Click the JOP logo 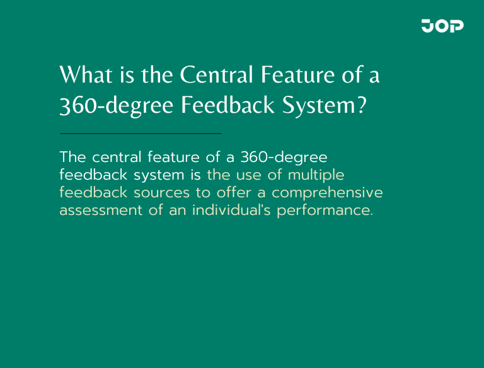tap(442, 26)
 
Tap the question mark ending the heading tap(360, 105)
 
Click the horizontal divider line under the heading tap(141, 134)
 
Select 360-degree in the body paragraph tap(284, 157)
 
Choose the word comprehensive tap(327, 192)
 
